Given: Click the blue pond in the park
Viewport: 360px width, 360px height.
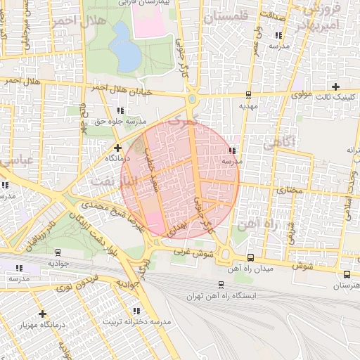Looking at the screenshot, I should point(125,46).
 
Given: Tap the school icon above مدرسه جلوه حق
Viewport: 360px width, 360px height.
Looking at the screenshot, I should point(120,110).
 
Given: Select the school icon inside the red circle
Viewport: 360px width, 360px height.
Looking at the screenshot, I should point(232,150).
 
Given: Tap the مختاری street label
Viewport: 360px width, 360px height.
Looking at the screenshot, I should point(288,190).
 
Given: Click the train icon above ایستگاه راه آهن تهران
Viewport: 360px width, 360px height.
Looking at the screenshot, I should point(221,285).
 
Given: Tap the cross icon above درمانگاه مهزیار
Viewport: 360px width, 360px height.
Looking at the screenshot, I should point(43,314).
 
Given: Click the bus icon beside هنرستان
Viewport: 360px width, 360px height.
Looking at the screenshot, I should point(347,275).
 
